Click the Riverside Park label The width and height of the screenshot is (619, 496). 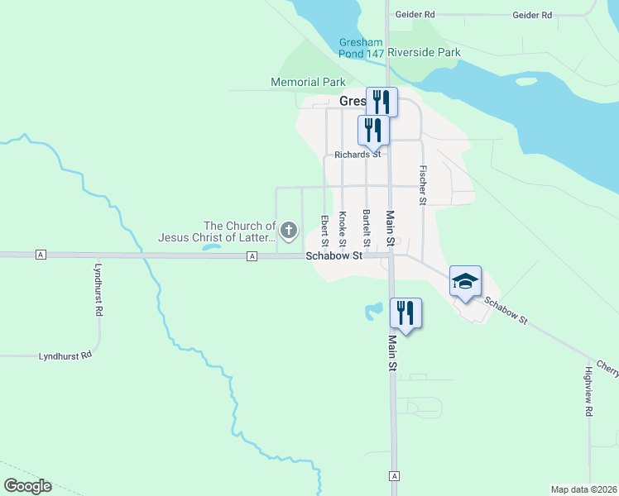[x=424, y=52]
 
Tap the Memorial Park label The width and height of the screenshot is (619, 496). [x=308, y=82]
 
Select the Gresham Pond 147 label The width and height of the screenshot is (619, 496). [x=362, y=48]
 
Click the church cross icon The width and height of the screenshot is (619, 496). [x=289, y=231]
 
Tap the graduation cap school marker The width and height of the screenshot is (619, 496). [x=465, y=282]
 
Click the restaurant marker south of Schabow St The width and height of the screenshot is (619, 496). [x=405, y=312]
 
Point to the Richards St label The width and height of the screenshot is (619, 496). [x=357, y=154]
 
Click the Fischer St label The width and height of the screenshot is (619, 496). [x=423, y=186]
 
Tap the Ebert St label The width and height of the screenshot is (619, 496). [x=324, y=230]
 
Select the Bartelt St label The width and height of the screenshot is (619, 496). [x=366, y=227]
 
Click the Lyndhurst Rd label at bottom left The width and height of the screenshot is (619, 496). [x=65, y=356]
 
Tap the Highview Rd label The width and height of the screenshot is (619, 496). [x=589, y=391]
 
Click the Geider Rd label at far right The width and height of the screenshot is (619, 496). [x=532, y=15]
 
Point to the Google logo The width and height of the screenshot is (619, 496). [x=27, y=486]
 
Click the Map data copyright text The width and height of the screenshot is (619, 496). [x=584, y=489]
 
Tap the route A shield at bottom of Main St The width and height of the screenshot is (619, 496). [x=395, y=477]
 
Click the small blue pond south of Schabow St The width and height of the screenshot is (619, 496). [x=372, y=312]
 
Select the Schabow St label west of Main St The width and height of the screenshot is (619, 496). [x=334, y=256]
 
